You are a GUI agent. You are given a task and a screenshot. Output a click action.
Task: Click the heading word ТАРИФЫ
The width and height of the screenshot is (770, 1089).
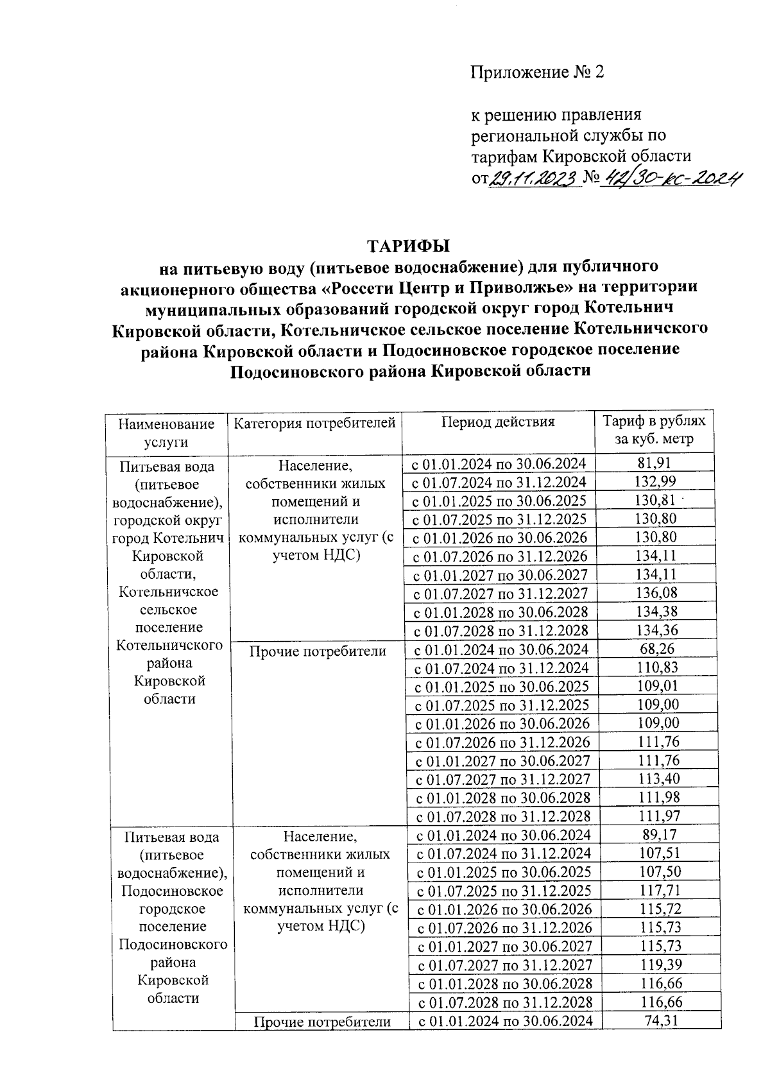tap(408, 246)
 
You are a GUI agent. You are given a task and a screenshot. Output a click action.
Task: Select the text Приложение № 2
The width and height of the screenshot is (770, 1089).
tap(538, 73)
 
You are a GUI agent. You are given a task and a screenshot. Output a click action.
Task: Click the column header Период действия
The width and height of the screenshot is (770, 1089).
tap(497, 422)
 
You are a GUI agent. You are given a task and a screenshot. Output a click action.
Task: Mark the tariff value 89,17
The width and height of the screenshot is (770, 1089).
tap(658, 835)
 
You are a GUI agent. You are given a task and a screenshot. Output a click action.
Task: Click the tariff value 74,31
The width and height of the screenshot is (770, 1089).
tap(660, 1020)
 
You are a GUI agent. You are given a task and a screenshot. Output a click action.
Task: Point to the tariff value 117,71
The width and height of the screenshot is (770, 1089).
tap(660, 890)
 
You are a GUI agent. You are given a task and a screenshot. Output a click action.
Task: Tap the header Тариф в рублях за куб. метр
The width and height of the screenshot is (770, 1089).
tap(653, 430)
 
